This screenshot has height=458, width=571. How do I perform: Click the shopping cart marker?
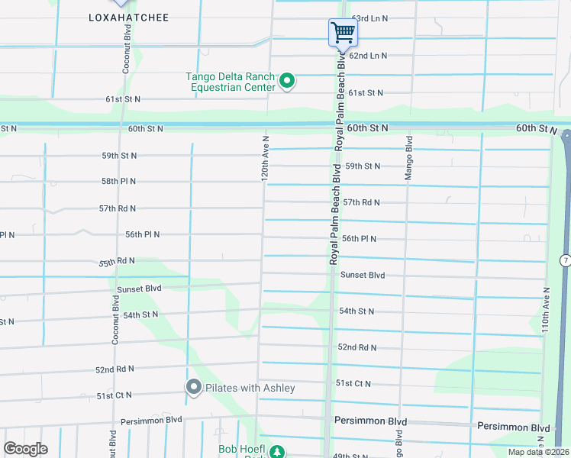coord(343,33)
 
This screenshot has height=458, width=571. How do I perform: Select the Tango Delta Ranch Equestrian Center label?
coord(231,82)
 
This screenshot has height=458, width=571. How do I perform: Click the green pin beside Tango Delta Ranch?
coord(287,80)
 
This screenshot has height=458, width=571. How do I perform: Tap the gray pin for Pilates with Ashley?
coord(193,388)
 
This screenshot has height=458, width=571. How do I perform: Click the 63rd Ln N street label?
coord(369,18)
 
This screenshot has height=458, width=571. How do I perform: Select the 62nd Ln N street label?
coord(368,56)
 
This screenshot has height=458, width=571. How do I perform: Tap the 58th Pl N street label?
coord(118,182)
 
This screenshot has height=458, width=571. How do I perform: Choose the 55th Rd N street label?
coord(117,262)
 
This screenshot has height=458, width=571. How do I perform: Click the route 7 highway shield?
coord(564,261)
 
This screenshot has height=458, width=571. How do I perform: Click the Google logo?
coord(25,448)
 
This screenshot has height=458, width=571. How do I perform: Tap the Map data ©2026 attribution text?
coord(536,452)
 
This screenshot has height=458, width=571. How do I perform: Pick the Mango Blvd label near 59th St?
coord(409,159)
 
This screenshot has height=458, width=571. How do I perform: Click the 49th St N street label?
coord(351,456)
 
